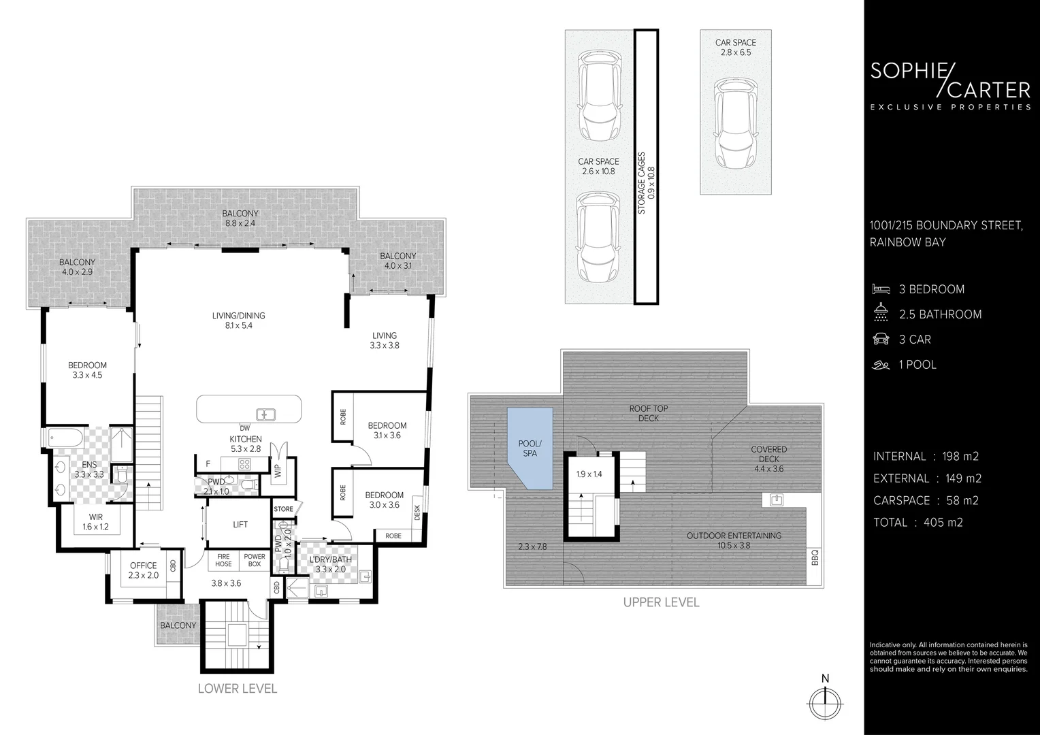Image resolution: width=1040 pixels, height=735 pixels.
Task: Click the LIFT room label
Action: (x=240, y=524)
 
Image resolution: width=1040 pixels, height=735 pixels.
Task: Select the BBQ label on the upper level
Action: (x=815, y=557)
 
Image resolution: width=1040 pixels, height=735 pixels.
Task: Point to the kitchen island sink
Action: (x=266, y=414)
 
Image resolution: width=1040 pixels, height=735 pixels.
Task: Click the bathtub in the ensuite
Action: (x=65, y=438)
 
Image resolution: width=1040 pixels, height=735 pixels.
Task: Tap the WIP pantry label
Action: (x=278, y=471)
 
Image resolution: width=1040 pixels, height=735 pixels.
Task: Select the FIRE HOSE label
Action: (x=223, y=560)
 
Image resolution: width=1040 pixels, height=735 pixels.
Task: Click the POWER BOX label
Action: (x=255, y=560)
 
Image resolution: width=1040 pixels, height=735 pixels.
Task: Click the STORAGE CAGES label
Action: (x=641, y=183)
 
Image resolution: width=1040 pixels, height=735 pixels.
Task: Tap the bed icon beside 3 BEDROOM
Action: (x=881, y=289)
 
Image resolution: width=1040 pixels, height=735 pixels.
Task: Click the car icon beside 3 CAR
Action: (x=881, y=340)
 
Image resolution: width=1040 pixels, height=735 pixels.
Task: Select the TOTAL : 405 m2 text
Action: (x=918, y=523)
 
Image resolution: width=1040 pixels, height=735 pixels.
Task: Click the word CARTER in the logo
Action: (x=988, y=90)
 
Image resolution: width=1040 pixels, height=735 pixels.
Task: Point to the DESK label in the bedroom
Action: (x=417, y=512)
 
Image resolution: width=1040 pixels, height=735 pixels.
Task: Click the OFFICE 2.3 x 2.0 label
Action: (x=144, y=570)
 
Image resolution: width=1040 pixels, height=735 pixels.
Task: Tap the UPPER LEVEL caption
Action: (x=661, y=602)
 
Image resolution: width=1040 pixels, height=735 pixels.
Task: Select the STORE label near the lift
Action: (x=283, y=509)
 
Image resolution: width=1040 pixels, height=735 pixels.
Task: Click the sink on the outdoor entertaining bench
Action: (x=777, y=500)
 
